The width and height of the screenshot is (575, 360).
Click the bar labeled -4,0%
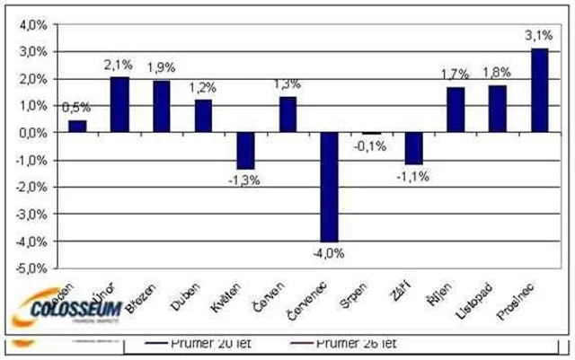point(330,187)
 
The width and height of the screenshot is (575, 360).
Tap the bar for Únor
point(119,105)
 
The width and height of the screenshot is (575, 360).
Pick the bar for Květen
point(245,151)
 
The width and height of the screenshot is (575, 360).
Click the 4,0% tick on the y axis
point(32,25)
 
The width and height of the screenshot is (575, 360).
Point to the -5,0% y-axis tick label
point(31,268)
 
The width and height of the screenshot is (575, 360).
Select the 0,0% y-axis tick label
point(32,133)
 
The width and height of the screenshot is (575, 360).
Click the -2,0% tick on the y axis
point(31,188)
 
